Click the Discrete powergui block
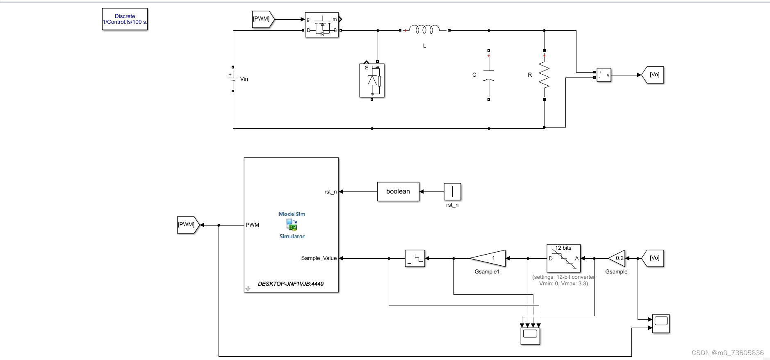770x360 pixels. pyautogui.click(x=125, y=19)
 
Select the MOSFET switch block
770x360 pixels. pyautogui.click(x=322, y=25)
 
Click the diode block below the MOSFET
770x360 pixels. pyautogui.click(x=372, y=80)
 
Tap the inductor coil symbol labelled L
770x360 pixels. pyautogui.click(x=424, y=30)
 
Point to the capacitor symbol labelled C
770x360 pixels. pyautogui.click(x=489, y=75)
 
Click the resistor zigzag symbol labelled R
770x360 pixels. pyautogui.click(x=544, y=75)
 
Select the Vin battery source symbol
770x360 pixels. pyautogui.click(x=233, y=78)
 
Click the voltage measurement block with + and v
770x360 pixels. pyautogui.click(x=604, y=75)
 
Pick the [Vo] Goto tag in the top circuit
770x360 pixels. pyautogui.click(x=654, y=75)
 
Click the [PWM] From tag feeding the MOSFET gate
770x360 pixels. pyautogui.click(x=262, y=19)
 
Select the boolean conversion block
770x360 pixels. pyautogui.click(x=398, y=191)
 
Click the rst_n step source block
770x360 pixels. pyautogui.click(x=452, y=191)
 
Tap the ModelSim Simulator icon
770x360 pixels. pyautogui.click(x=292, y=225)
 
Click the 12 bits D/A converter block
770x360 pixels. pyautogui.click(x=563, y=258)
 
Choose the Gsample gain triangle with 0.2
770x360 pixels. pyautogui.click(x=617, y=258)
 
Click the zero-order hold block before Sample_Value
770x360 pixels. pyautogui.click(x=415, y=258)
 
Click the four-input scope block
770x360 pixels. pyautogui.click(x=530, y=336)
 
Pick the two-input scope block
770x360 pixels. pyautogui.click(x=661, y=324)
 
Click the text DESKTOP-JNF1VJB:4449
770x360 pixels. pyautogui.click(x=291, y=284)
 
